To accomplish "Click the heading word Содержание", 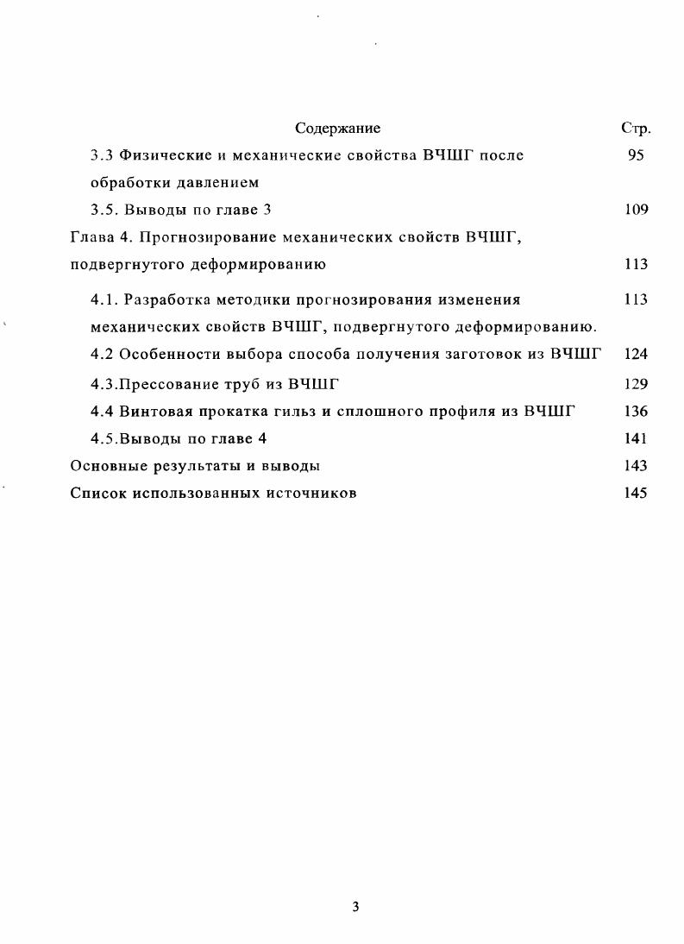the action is coord(337,129).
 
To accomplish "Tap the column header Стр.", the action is coord(636,129).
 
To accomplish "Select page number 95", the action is coord(636,156).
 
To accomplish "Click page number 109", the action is coord(636,210).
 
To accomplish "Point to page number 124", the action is coord(636,354).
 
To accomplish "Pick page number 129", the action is coord(636,385).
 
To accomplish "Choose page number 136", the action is coord(636,412).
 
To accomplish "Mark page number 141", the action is coord(636,438).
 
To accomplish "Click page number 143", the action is coord(636,466).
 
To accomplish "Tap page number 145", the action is coord(636,494).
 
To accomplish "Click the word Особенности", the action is coord(167,354).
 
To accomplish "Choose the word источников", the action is coord(311,494).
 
